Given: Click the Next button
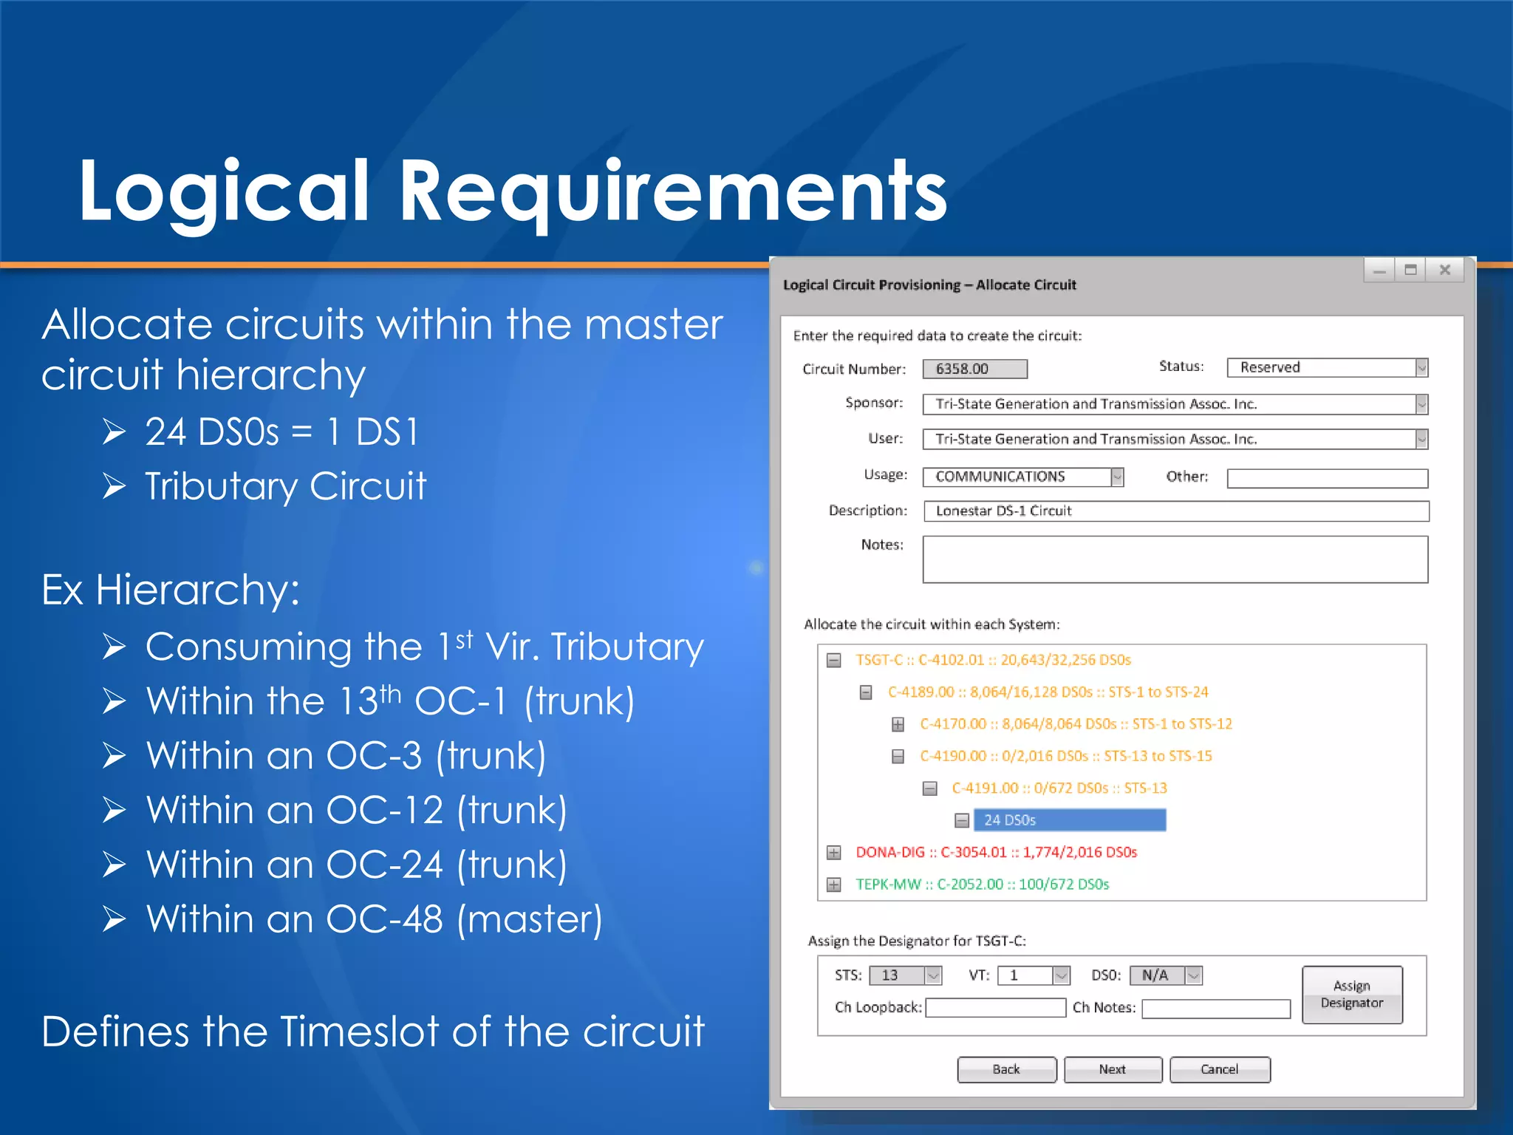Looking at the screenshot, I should (1113, 1069).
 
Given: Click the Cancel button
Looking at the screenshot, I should (1220, 1069).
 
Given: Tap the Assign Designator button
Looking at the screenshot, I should (1352, 995).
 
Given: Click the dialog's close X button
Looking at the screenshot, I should (1445, 270).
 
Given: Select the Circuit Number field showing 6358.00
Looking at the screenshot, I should (974, 369).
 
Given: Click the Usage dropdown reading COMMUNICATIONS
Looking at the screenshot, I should (1022, 477).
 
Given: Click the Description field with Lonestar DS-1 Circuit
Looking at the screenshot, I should (1175, 511).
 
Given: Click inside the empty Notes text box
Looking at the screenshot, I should (1175, 559).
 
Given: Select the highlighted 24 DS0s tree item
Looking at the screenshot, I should (1069, 820).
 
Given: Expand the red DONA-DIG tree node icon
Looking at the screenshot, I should (834, 853).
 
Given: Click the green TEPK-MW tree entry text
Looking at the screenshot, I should (982, 885).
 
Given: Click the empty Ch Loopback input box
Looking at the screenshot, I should (995, 1008).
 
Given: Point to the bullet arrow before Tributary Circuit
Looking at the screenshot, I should (115, 486).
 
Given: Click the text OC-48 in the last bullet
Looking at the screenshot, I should (384, 919).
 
